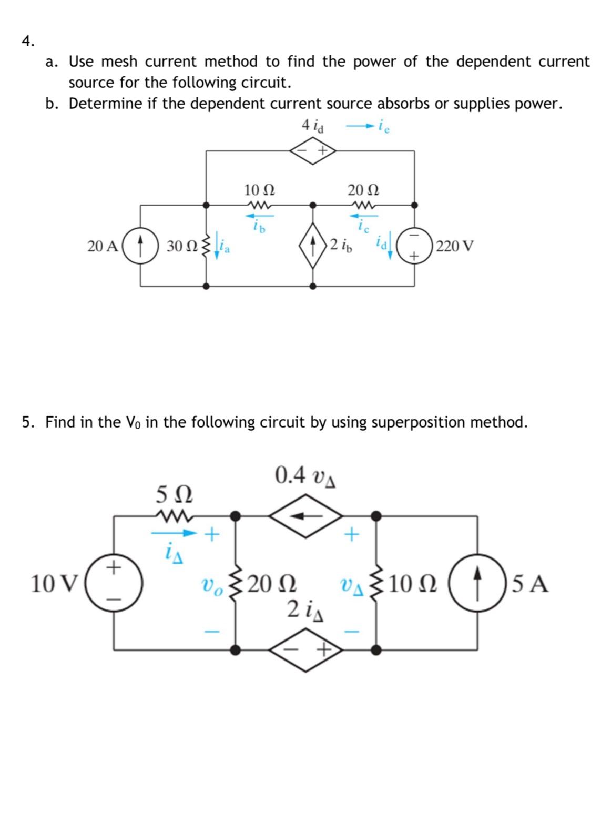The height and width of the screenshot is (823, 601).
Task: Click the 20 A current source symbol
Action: pos(140,246)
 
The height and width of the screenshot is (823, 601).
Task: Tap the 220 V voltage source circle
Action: pos(415,246)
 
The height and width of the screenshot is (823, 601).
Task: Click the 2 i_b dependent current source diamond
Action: pos(313,246)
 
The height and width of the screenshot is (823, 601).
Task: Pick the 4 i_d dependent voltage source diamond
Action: pos(314,150)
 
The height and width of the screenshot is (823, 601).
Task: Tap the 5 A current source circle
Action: pos(477,583)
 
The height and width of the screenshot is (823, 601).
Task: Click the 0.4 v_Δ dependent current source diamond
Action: pos(306,516)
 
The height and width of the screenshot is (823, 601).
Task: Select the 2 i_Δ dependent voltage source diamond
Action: pos(306,651)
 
